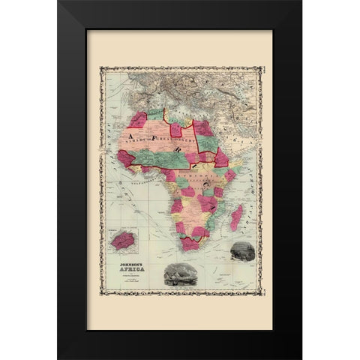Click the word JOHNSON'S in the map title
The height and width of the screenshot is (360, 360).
coord(124,264)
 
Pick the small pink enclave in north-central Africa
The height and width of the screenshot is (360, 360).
coord(187,136)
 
